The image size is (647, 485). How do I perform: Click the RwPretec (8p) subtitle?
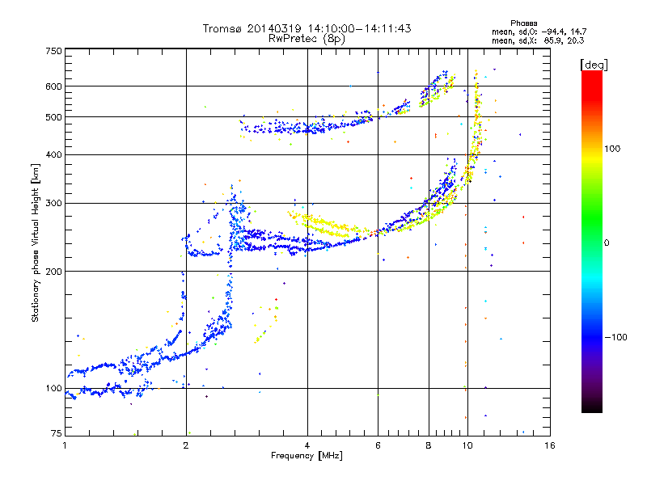click(x=307, y=39)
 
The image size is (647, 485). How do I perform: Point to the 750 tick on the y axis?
click(x=53, y=51)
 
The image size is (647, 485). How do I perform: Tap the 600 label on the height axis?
click(x=53, y=86)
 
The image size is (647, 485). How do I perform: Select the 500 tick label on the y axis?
click(x=53, y=116)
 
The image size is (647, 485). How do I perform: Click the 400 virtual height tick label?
click(x=53, y=154)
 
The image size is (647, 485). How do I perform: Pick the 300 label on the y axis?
click(x=53, y=203)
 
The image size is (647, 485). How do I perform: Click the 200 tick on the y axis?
click(x=53, y=272)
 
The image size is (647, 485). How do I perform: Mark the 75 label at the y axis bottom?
click(x=57, y=433)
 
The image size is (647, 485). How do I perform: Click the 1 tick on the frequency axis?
click(x=65, y=445)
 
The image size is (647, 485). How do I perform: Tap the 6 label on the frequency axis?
click(x=378, y=445)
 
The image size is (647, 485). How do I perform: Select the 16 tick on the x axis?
click(x=550, y=445)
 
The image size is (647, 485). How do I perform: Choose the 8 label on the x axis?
click(x=429, y=445)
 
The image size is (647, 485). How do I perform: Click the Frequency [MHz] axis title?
click(x=307, y=456)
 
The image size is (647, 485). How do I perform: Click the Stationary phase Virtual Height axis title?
click(x=36, y=243)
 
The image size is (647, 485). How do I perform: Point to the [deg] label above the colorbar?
click(x=594, y=65)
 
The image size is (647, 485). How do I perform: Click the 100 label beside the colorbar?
click(x=612, y=149)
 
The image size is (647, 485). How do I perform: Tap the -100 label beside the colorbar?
click(x=615, y=337)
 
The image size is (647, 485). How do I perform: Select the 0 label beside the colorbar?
click(x=607, y=242)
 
